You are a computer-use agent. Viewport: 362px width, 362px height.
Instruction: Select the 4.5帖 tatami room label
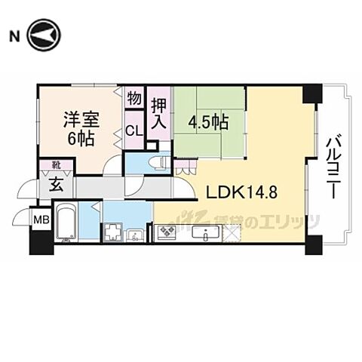pyautogui.click(x=209, y=121)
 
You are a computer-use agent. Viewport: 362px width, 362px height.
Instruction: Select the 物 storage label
pyautogui.click(x=133, y=98)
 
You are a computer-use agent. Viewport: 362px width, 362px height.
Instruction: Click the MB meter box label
pyautogui.click(x=41, y=219)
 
